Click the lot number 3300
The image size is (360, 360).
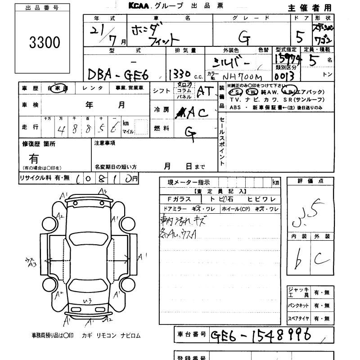coord(45,43)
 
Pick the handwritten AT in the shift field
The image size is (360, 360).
coord(205,91)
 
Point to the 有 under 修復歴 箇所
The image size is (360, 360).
coord(34,158)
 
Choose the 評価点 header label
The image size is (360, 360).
coord(310,181)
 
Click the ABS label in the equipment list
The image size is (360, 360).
coord(235,108)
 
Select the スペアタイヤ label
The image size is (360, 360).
coord(298,319)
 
